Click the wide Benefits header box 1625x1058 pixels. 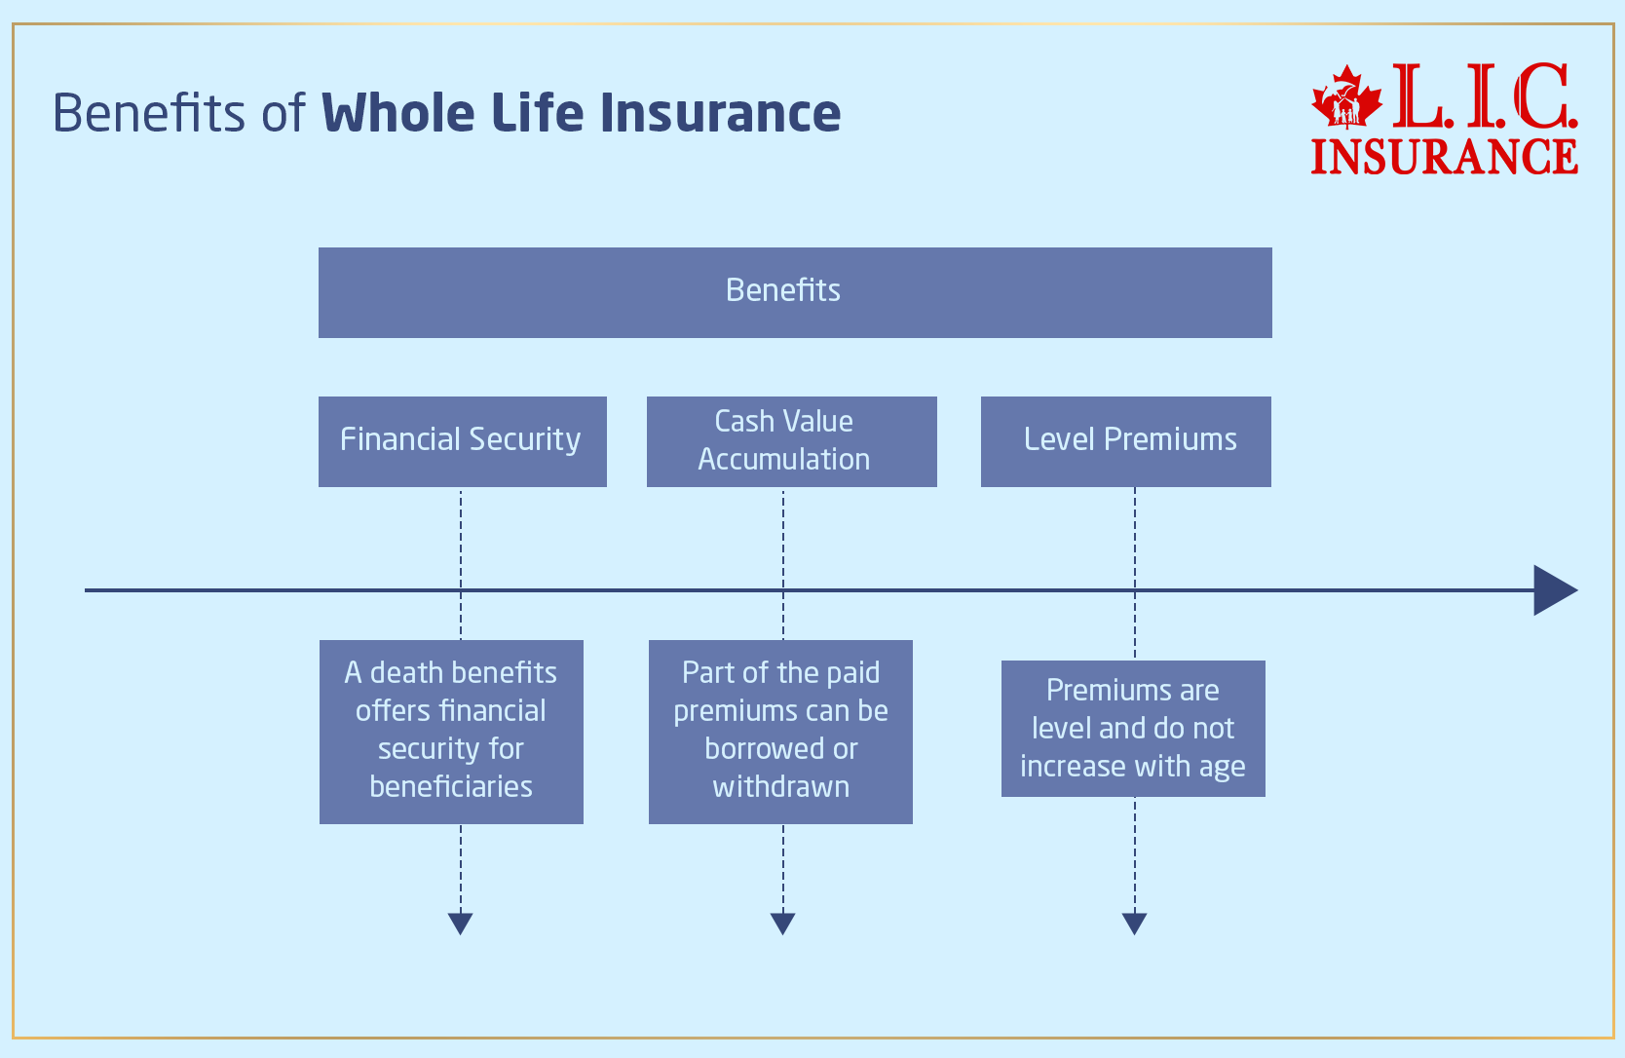(x=795, y=292)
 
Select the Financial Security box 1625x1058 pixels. (x=462, y=441)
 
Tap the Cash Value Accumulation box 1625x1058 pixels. (x=791, y=441)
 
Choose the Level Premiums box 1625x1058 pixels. (x=1125, y=441)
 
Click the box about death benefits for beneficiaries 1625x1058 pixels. (x=451, y=731)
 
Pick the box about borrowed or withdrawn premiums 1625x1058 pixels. (x=780, y=731)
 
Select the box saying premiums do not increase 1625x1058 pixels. (x=1133, y=728)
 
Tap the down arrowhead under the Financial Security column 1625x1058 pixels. (x=461, y=923)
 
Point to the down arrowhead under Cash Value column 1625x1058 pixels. (x=783, y=923)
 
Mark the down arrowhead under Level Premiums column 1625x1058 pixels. (x=1135, y=923)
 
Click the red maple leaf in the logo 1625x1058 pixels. (x=1346, y=97)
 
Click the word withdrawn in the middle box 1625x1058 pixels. (x=780, y=786)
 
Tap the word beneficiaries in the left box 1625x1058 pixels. (x=451, y=786)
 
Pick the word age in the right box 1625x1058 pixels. (x=1222, y=768)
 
